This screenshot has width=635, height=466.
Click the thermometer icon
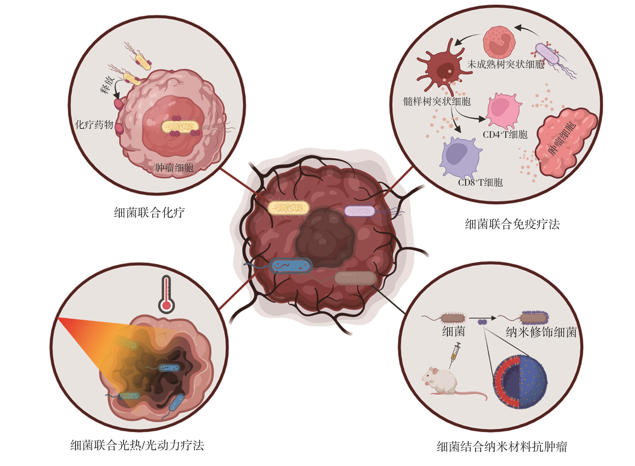click(x=166, y=294)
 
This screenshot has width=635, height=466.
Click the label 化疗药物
click(x=94, y=125)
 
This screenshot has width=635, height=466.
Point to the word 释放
click(x=107, y=85)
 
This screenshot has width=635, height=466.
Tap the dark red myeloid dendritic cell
click(x=443, y=68)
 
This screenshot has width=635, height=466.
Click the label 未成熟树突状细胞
click(x=505, y=65)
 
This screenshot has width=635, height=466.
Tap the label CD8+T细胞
click(x=480, y=182)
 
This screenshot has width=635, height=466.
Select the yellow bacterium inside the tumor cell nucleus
click(x=180, y=127)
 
